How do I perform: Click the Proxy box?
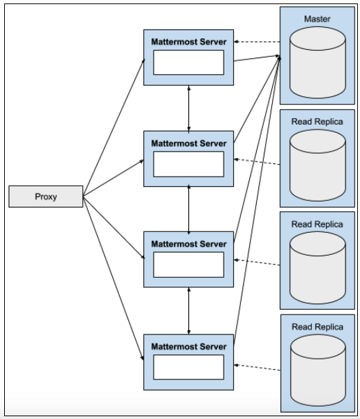46,196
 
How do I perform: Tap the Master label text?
317,19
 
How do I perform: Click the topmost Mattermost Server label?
189,42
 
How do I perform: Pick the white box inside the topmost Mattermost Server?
189,63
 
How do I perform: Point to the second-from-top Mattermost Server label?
189,143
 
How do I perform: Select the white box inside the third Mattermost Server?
189,265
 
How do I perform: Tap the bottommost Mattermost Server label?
189,346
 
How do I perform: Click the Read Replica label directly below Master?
317,121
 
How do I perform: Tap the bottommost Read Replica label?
317,326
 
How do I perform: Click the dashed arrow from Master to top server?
257,43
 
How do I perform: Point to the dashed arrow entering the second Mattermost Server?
257,162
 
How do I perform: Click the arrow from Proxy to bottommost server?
113,277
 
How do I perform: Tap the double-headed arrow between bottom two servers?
190,310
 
